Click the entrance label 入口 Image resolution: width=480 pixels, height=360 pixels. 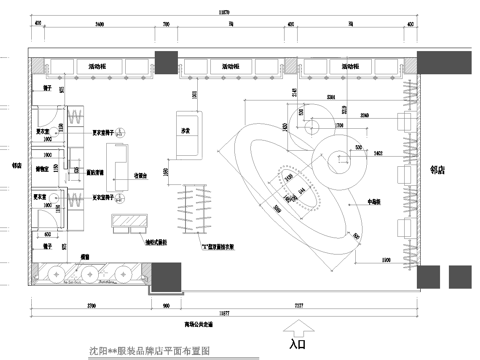[297, 344]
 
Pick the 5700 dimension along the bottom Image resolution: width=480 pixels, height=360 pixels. [89, 303]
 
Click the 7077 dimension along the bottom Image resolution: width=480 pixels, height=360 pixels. [300, 303]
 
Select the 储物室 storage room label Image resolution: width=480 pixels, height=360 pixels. [43, 169]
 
